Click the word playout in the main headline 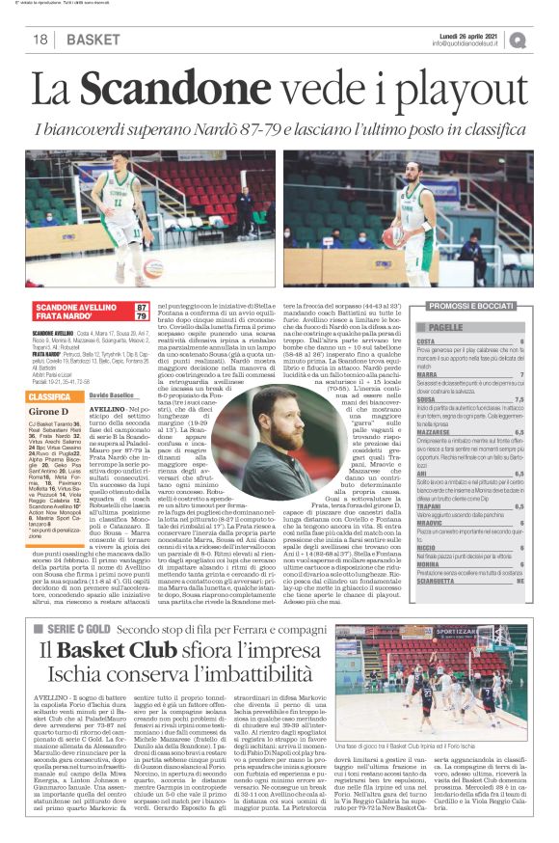[464, 93]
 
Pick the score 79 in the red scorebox [142, 316]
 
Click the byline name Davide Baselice [112, 395]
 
